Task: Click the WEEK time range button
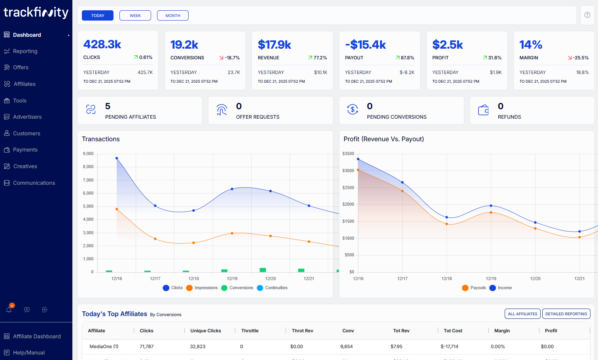click(x=135, y=15)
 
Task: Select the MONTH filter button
click(x=173, y=15)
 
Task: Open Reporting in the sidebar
click(x=25, y=51)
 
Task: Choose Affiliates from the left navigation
click(x=25, y=84)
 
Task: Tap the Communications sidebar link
click(x=34, y=183)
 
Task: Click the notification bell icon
click(x=9, y=309)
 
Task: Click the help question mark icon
click(x=587, y=15)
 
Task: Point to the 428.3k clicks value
click(x=102, y=44)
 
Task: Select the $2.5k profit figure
click(x=448, y=45)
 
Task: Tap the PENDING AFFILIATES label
click(x=131, y=117)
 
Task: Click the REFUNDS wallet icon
click(x=483, y=110)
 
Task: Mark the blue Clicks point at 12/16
click(x=117, y=158)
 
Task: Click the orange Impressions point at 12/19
click(x=232, y=233)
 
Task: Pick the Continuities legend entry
click(x=276, y=288)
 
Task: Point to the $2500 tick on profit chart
click(x=348, y=188)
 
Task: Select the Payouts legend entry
click(x=478, y=288)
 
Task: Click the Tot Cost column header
click(x=453, y=331)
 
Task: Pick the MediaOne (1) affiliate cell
click(x=104, y=347)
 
